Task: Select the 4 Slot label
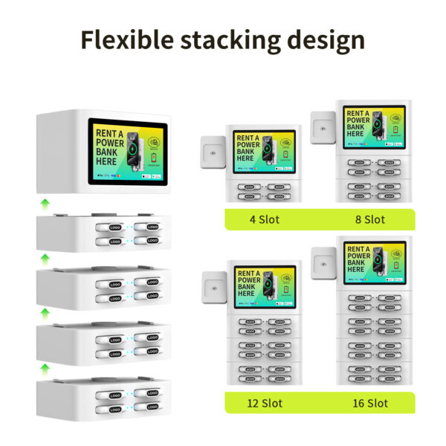pos(265,219)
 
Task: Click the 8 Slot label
pos(369,219)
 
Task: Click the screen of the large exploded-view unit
pos(127,153)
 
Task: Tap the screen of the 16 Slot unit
pos(374,262)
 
